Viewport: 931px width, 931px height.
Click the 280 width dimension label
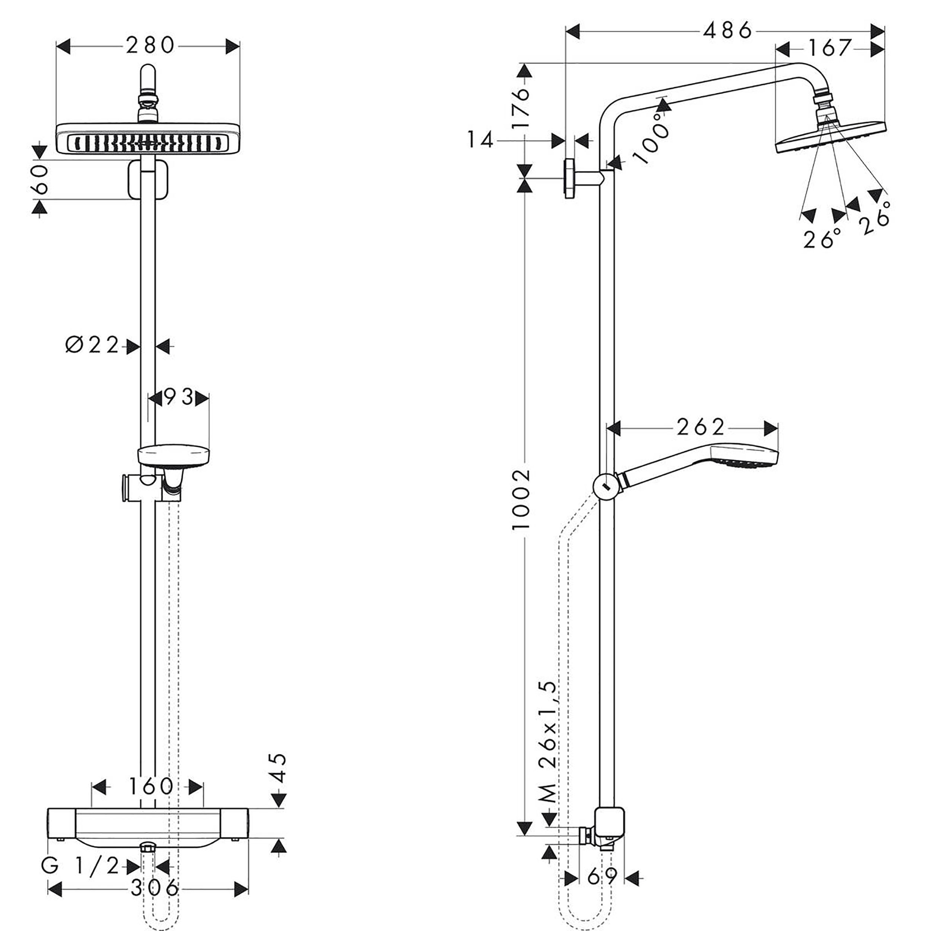150,46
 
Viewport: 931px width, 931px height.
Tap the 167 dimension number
830,48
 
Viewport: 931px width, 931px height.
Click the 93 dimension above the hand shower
179,398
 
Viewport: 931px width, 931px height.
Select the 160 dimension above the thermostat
150,787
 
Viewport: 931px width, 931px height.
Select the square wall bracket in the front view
148,180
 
